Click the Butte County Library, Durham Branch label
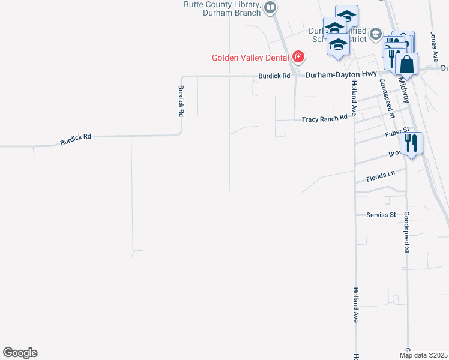pyautogui.click(x=222, y=8)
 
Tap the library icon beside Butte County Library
pyautogui.click(x=270, y=7)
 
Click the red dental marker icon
pyautogui.click(x=298, y=58)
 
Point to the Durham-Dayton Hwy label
pyautogui.click(x=340, y=74)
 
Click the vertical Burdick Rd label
pyautogui.click(x=181, y=100)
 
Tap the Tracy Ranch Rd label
pyautogui.click(x=325, y=118)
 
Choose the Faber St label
pyautogui.click(x=396, y=132)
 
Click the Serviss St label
pyautogui.click(x=381, y=214)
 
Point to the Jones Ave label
pyautogui.click(x=434, y=47)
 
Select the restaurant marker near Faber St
pyautogui.click(x=411, y=143)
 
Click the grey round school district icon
pyautogui.click(x=376, y=33)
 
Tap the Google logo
pyautogui.click(x=20, y=353)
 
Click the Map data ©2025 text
pyautogui.click(x=424, y=355)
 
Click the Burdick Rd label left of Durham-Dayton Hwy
pyautogui.click(x=274, y=76)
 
